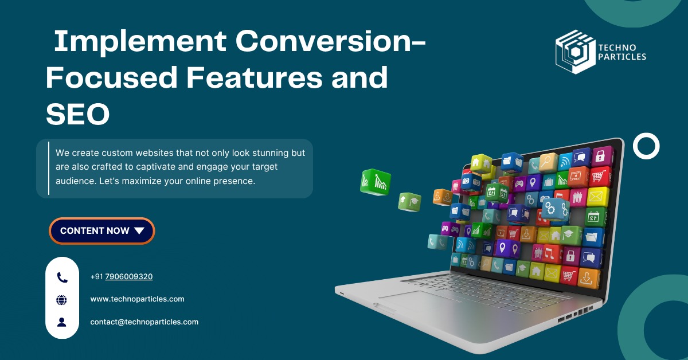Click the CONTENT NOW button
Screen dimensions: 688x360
click(x=101, y=230)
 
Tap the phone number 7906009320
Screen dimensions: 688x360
click(x=128, y=276)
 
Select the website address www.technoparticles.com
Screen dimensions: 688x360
click(x=137, y=299)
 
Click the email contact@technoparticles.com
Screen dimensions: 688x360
click(x=144, y=322)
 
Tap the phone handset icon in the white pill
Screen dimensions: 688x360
click(x=62, y=277)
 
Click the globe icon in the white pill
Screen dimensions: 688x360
click(x=62, y=300)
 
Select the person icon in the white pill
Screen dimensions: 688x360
click(x=62, y=322)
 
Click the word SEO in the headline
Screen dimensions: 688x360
click(x=78, y=114)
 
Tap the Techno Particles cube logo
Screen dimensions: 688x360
click(x=575, y=52)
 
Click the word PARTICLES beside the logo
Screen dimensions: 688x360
click(x=622, y=57)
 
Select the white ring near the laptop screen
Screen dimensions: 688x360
click(x=646, y=146)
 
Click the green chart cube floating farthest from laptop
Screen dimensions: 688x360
click(x=376, y=182)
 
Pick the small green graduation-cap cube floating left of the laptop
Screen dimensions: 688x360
click(x=409, y=202)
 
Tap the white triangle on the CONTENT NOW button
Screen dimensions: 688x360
click(x=139, y=230)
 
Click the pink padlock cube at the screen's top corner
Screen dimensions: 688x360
click(x=601, y=156)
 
